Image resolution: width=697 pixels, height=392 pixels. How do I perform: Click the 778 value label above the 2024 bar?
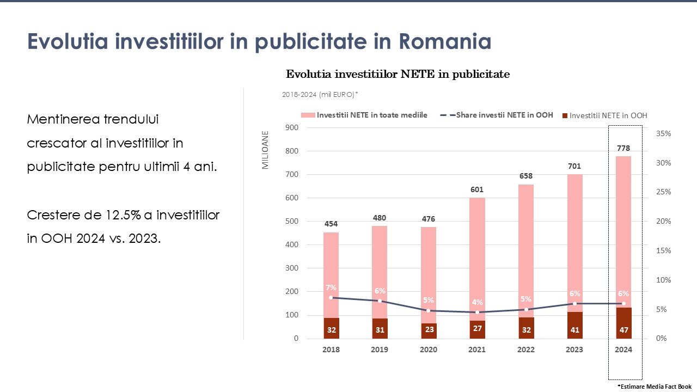623,148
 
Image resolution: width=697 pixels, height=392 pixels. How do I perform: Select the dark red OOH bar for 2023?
574,325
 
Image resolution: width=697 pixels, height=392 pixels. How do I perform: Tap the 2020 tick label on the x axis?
429,350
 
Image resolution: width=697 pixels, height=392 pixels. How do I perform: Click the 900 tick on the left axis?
292,128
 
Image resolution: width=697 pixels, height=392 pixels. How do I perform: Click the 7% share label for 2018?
331,287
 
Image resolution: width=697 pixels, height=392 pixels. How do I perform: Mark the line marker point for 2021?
477,313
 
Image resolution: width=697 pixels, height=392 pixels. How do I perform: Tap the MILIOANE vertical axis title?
266,150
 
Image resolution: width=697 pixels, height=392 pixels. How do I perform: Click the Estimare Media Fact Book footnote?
654,385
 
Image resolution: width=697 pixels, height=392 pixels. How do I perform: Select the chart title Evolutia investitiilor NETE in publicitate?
398,75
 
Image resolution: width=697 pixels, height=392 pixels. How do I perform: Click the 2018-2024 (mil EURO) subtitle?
320,95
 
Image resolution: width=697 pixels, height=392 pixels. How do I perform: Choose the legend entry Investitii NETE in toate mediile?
365,115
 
